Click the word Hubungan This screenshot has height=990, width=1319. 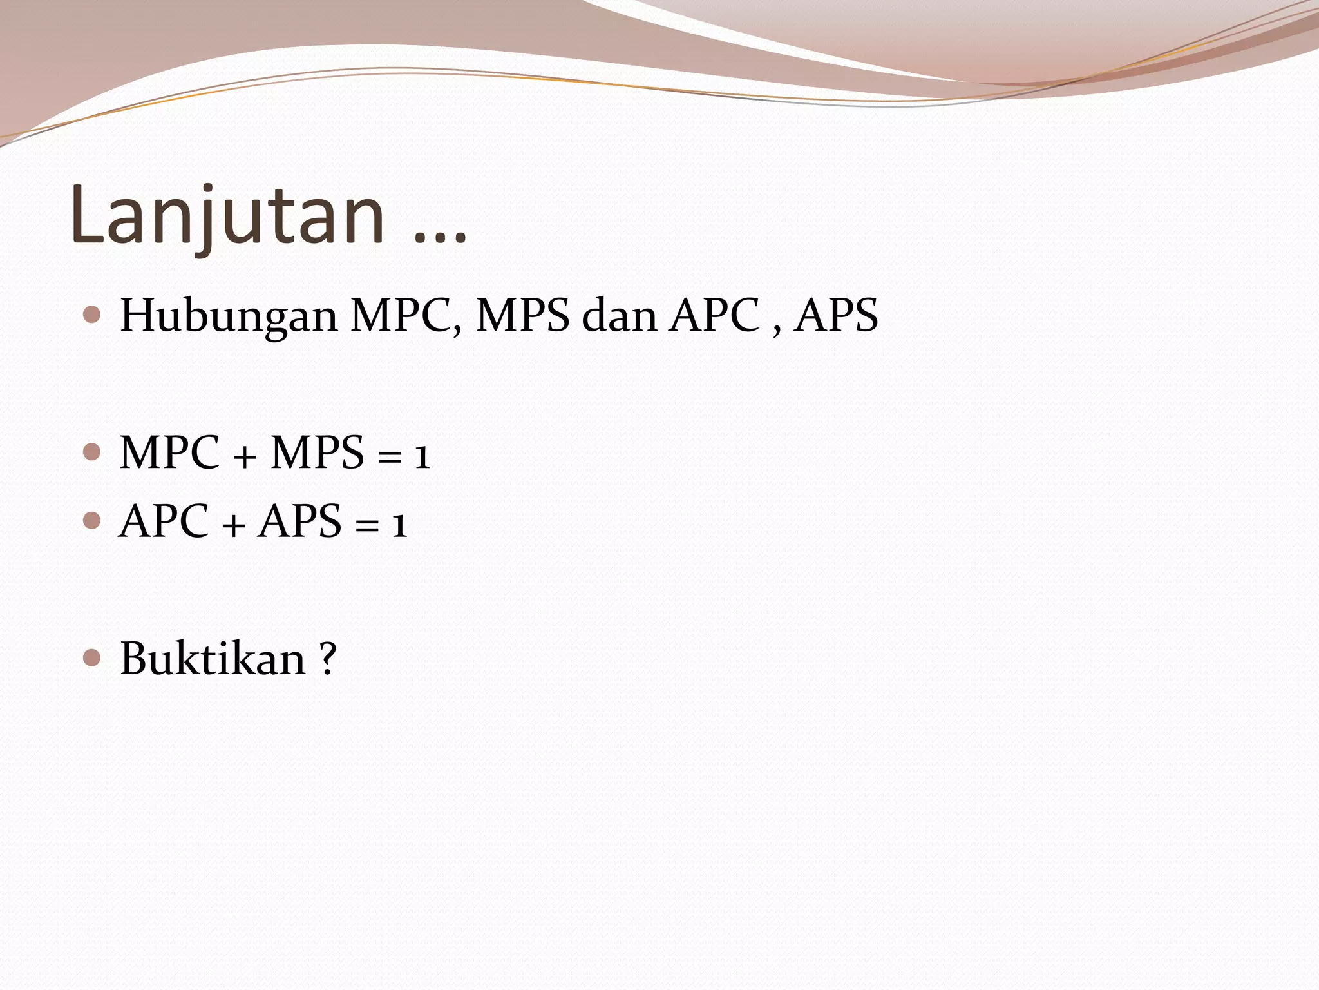pos(229,316)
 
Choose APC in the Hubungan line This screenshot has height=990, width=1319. pos(714,316)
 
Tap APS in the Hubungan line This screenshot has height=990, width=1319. pos(837,316)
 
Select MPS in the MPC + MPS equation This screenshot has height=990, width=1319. pos(318,453)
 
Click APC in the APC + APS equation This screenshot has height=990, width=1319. pos(164,521)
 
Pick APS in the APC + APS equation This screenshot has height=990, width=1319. pos(300,521)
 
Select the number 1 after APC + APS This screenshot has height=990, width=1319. pos(400,526)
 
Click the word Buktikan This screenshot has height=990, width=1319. pos(213,659)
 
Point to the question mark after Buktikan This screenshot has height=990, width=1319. pos(327,659)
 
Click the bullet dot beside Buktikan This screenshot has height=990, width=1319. pos(92,657)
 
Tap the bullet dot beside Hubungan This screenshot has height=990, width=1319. pos(92,315)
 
